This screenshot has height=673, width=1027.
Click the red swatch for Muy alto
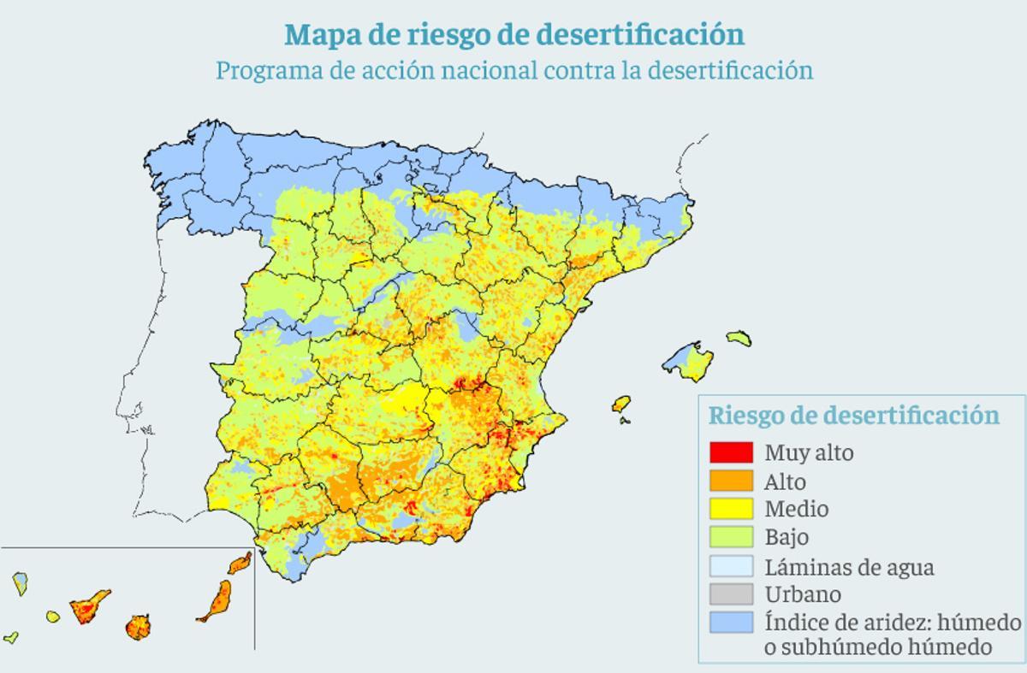pos(731,452)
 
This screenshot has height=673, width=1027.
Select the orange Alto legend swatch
pos(731,481)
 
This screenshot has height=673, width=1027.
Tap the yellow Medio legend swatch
pos(731,509)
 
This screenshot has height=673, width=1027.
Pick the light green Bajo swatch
pos(731,537)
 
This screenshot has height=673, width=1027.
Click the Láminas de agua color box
pos(731,566)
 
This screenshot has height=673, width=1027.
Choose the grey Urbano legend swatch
pos(731,593)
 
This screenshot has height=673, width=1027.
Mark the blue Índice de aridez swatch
pos(731,622)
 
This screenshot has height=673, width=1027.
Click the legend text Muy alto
pos(809,452)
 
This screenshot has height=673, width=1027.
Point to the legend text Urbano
pos(803,593)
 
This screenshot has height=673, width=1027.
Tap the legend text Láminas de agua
pos(849,566)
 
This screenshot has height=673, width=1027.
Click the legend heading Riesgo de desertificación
pos(853,416)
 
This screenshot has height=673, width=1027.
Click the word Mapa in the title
pos(318,35)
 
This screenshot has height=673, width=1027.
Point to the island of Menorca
pos(739,339)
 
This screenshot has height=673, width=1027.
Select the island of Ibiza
pos(621,404)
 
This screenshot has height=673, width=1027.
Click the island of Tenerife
pos(89,607)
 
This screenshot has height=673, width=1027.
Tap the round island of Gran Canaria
pos(138,627)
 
